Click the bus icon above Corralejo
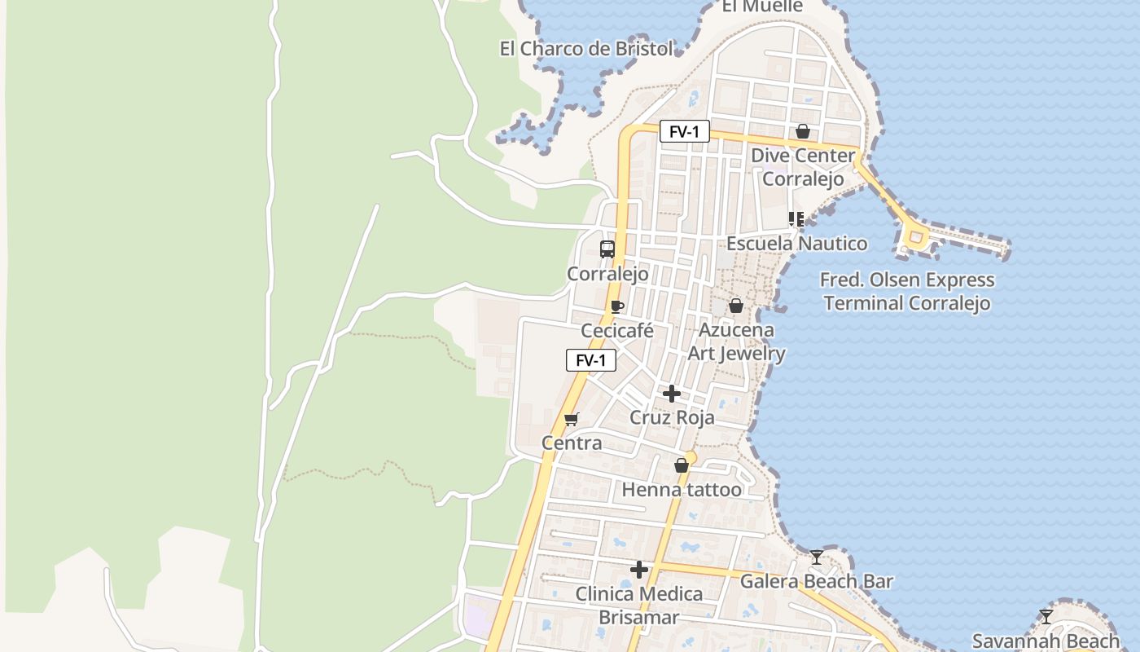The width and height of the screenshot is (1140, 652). coord(607,249)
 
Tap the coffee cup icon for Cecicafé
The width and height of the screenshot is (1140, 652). coord(617,307)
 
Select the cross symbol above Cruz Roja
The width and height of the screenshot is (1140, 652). coord(672,394)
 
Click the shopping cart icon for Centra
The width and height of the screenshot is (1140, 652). coord(572,420)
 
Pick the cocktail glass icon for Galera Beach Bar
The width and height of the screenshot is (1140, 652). coord(817,557)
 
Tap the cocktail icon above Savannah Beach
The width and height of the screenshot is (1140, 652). coord(1046,617)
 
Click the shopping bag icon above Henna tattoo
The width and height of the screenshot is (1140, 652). coord(682,465)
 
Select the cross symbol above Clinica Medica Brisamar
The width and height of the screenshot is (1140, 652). coord(639,570)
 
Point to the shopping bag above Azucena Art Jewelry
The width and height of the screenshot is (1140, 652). coord(736,306)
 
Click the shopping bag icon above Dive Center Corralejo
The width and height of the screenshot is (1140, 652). coord(803,131)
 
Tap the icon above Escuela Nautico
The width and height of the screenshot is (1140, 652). coord(796,218)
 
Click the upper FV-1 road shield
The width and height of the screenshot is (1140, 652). coord(684,131)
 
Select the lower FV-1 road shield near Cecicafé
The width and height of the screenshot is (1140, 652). coord(591,360)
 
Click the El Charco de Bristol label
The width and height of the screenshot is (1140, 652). coord(586,49)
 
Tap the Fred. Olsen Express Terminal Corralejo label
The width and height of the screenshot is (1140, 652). coord(907,292)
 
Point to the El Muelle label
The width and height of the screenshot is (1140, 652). coord(763,7)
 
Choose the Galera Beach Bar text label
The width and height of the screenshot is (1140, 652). coord(816,582)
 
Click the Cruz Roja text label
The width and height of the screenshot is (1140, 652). coord(672,418)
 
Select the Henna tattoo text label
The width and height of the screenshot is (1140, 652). coord(682,490)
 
